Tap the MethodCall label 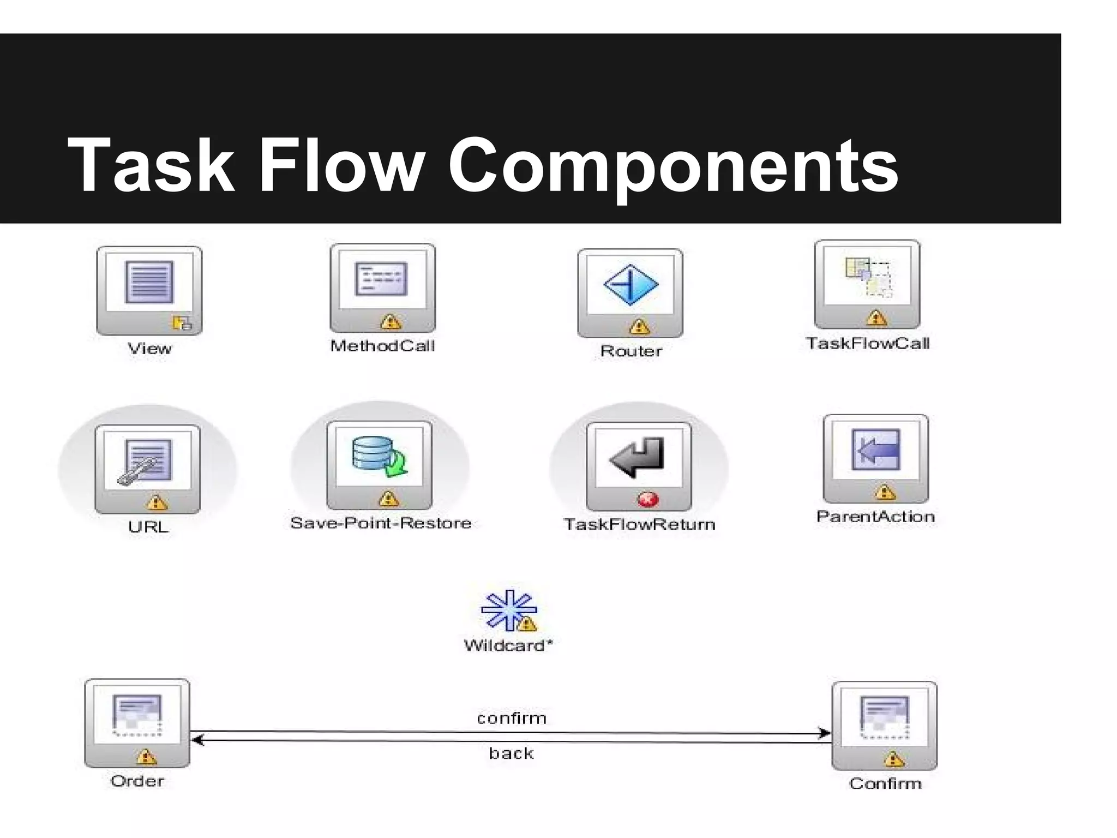[382, 346]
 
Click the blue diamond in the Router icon [630, 284]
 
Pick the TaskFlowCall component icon [867, 284]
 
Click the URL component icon [148, 469]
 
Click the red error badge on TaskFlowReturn [648, 499]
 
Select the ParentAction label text [875, 517]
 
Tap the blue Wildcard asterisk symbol [507, 609]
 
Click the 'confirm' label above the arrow [512, 718]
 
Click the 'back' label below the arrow [511, 753]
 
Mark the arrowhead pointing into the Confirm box [825, 733]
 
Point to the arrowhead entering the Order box [197, 740]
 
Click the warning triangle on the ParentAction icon [885, 492]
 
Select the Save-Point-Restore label [381, 523]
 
